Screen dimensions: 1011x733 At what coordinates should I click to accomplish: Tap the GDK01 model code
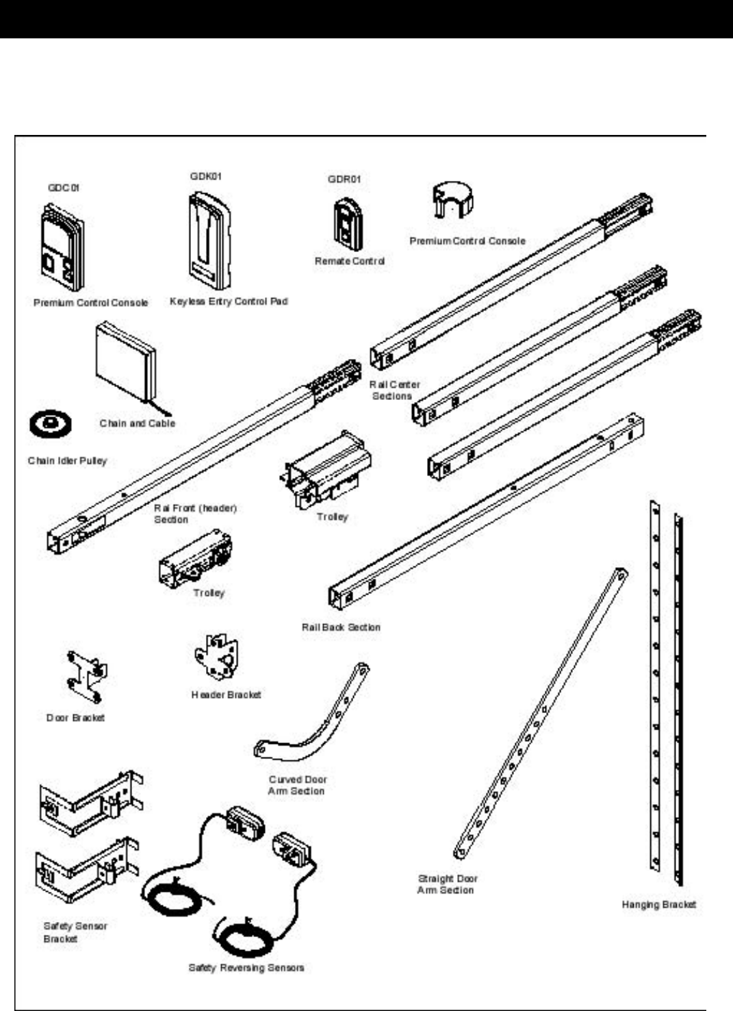click(206, 177)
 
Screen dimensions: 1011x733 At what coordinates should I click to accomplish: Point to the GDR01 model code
click(344, 179)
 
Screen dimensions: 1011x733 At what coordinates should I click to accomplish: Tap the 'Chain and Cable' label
click(138, 423)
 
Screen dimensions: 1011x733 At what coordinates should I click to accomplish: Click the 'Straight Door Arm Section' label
click(448, 884)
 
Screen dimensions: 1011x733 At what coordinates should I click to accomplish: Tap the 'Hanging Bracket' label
click(658, 905)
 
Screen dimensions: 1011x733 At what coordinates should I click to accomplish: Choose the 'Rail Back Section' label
click(341, 627)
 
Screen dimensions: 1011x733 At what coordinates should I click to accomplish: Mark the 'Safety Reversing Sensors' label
click(246, 968)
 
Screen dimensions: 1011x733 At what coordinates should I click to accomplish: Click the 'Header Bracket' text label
click(226, 695)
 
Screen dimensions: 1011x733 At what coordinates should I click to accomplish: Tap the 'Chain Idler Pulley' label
click(67, 461)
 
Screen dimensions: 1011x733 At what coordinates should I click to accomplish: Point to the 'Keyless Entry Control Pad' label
click(229, 301)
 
